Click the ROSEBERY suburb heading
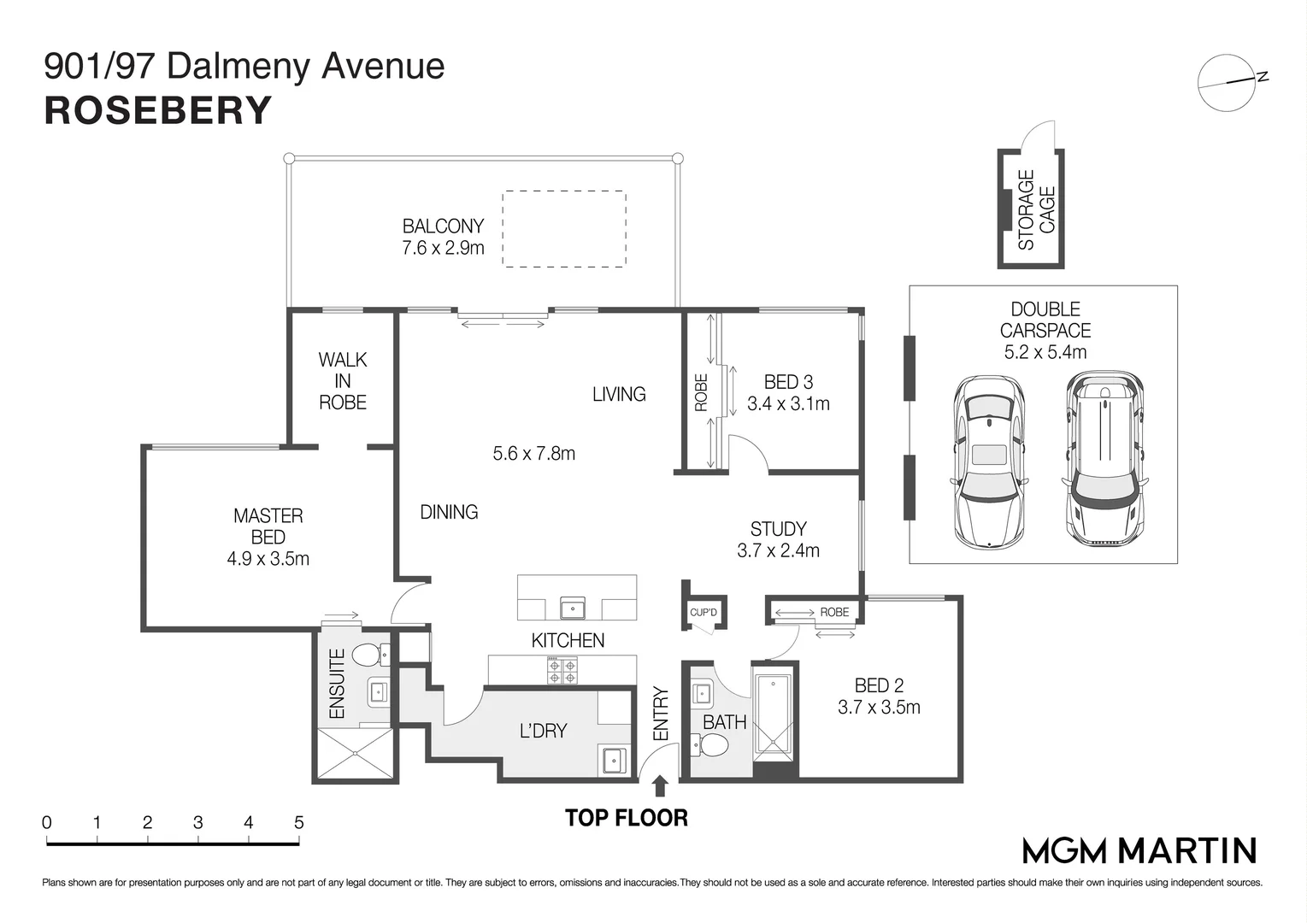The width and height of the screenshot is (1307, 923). coord(157,111)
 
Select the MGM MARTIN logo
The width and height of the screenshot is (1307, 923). coord(1139,850)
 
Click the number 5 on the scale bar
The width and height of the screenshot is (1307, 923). coord(298,823)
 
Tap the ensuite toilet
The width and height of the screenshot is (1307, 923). coord(369,656)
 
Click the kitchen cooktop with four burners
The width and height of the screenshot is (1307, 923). coord(562,670)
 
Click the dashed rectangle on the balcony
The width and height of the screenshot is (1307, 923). coord(563,229)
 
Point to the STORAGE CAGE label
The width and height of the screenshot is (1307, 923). coord(1036,209)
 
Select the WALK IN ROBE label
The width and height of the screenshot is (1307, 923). coord(343,381)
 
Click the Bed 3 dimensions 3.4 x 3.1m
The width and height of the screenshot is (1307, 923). coord(788,403)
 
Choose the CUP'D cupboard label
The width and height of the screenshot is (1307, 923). coord(704,612)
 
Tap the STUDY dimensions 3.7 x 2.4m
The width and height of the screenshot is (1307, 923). coord(778,551)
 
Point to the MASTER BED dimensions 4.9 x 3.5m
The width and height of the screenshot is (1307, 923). coord(268,559)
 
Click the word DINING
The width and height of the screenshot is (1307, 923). coord(449,512)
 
